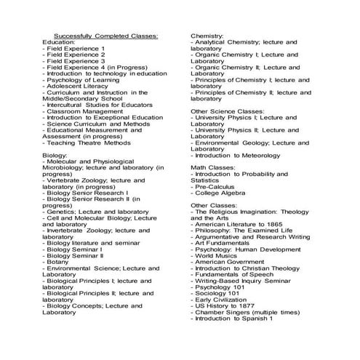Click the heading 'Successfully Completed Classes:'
point(107,35)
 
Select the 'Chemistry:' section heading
point(207,35)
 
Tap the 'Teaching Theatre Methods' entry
point(87,143)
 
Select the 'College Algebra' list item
point(222,193)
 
